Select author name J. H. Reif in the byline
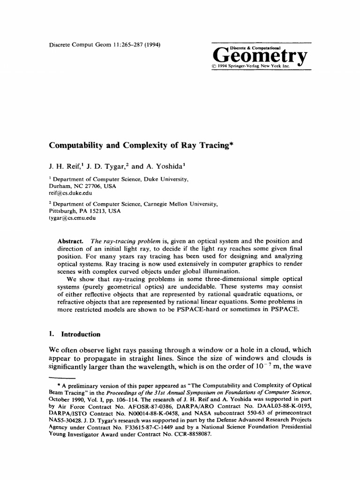tap(64, 165)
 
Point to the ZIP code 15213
tap(95, 211)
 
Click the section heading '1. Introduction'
tap(75, 334)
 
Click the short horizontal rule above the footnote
tap(62, 377)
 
